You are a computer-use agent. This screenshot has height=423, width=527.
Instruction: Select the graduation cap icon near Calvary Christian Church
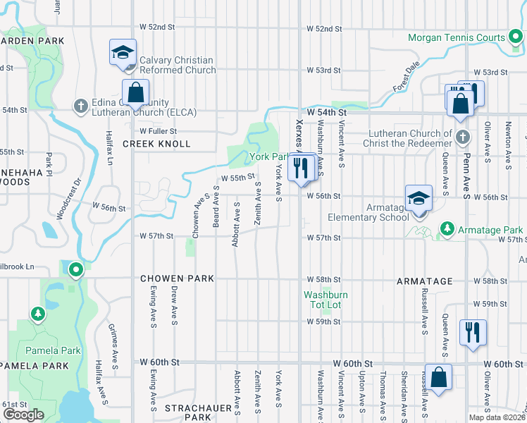[x=123, y=53]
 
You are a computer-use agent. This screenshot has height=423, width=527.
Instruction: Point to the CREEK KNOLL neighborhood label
[x=156, y=144]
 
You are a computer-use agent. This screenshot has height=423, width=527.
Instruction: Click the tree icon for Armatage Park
[x=447, y=229]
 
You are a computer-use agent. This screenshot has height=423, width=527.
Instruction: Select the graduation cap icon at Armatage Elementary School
[x=418, y=198]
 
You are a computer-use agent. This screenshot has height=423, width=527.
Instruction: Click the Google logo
[x=23, y=415]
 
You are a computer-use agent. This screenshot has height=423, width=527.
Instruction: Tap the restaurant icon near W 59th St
[x=471, y=331]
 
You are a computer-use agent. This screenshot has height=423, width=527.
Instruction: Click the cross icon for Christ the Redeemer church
[x=462, y=136]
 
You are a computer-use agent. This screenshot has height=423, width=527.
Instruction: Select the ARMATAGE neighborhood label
[x=424, y=281]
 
